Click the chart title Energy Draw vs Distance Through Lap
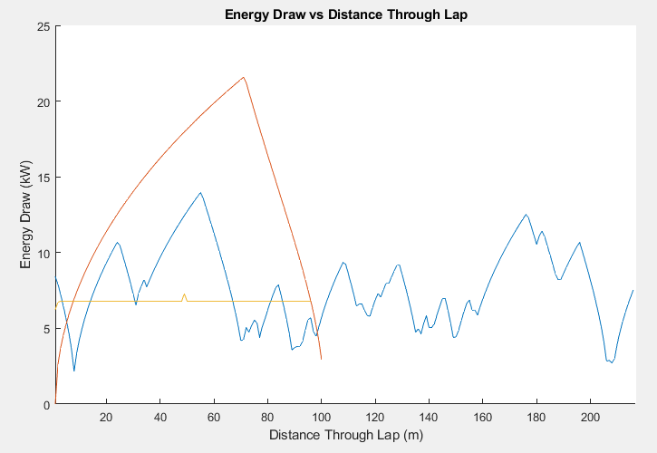coord(346,14)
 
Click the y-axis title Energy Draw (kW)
coord(26,215)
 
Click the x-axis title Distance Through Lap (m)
coord(346,435)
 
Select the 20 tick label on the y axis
coord(43,101)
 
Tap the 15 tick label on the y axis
coord(43,178)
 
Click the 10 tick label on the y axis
coord(43,253)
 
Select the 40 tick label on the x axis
coord(160,417)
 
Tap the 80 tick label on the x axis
coord(267,417)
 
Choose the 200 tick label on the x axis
coord(590,417)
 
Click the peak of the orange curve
coord(243,77)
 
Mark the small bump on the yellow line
coord(184,294)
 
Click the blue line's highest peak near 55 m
coord(200,192)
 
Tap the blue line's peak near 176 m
coord(526,215)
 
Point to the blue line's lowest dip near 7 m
coord(74,371)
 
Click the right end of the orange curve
coord(322,360)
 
